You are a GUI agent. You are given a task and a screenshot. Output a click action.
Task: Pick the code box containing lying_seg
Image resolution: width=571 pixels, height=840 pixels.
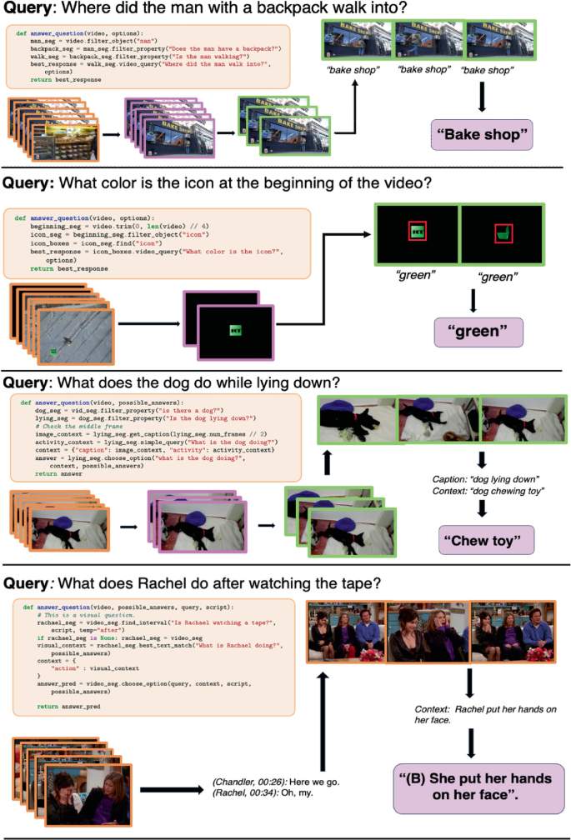tap(155, 437)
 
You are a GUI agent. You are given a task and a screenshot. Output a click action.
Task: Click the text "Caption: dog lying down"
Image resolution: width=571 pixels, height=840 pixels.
tap(485, 478)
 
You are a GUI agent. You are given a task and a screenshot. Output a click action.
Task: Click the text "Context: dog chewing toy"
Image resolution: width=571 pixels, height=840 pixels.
tap(485, 492)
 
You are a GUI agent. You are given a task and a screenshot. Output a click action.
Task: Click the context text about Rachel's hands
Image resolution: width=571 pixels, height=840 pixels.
tap(479, 715)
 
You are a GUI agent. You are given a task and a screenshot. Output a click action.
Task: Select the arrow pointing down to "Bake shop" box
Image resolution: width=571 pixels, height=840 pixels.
tap(482, 97)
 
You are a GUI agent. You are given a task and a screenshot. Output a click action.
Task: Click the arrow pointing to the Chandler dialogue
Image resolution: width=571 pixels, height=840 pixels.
tap(174, 786)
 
